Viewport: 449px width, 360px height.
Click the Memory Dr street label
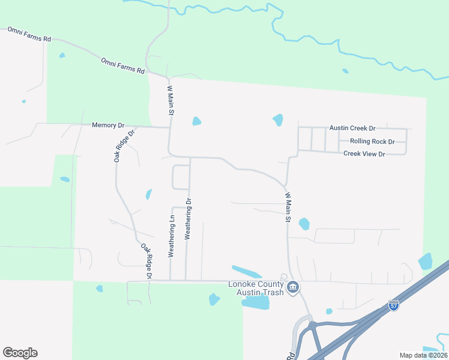[x=107, y=125]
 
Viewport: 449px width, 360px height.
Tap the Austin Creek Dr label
[x=352, y=128]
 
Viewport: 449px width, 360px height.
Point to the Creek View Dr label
[x=364, y=154]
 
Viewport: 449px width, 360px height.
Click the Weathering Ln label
[x=172, y=236]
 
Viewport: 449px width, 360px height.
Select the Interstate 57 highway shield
[x=394, y=305]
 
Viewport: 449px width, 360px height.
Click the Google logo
[x=20, y=353]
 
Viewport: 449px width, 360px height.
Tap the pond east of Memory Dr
[x=196, y=122]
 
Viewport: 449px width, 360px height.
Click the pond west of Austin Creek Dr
[x=278, y=120]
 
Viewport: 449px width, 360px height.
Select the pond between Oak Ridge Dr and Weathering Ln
[x=148, y=194]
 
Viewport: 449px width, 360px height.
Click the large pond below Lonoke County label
[x=255, y=303]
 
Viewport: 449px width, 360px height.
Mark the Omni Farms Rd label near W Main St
[x=123, y=66]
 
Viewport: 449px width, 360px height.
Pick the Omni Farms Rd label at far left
[x=29, y=34]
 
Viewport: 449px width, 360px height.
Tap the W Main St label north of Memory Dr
[x=170, y=100]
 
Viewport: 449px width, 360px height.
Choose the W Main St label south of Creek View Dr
[x=288, y=208]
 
